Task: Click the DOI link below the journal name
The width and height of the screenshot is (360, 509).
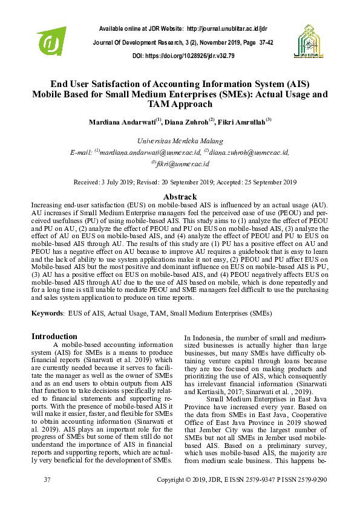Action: (x=192, y=56)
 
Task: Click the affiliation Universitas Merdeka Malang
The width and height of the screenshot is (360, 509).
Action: (x=180, y=140)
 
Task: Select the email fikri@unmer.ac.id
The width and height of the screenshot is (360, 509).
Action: (x=182, y=163)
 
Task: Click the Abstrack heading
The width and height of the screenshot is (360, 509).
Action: (x=180, y=197)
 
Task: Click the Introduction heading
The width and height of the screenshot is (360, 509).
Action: (x=54, y=336)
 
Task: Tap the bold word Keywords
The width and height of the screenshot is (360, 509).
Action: (x=46, y=313)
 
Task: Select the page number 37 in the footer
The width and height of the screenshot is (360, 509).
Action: (x=47, y=479)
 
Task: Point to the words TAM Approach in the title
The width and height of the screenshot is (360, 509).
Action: (x=180, y=104)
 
